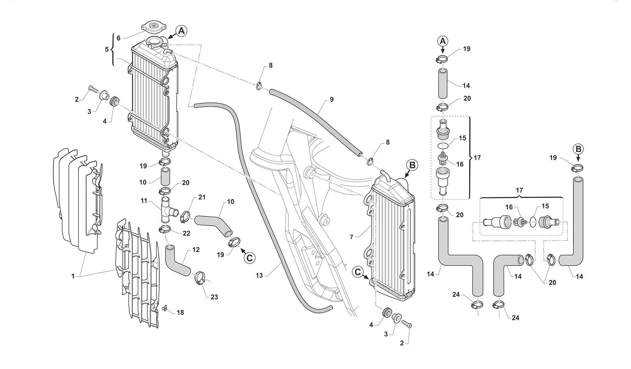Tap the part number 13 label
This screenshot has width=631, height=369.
(260, 275)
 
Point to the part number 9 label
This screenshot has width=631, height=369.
(331, 99)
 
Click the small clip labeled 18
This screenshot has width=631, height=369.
(165, 309)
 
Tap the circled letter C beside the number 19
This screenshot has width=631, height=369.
(249, 257)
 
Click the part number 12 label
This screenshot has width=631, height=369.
(196, 249)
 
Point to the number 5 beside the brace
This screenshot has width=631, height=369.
(107, 49)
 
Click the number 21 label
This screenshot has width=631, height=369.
(202, 197)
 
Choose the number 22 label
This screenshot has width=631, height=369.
(186, 233)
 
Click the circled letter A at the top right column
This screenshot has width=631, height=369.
(443, 41)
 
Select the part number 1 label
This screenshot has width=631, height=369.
(73, 276)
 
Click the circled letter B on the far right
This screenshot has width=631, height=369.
(578, 149)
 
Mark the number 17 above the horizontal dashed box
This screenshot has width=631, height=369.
(519, 191)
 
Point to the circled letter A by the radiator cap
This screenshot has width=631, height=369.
(182, 31)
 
